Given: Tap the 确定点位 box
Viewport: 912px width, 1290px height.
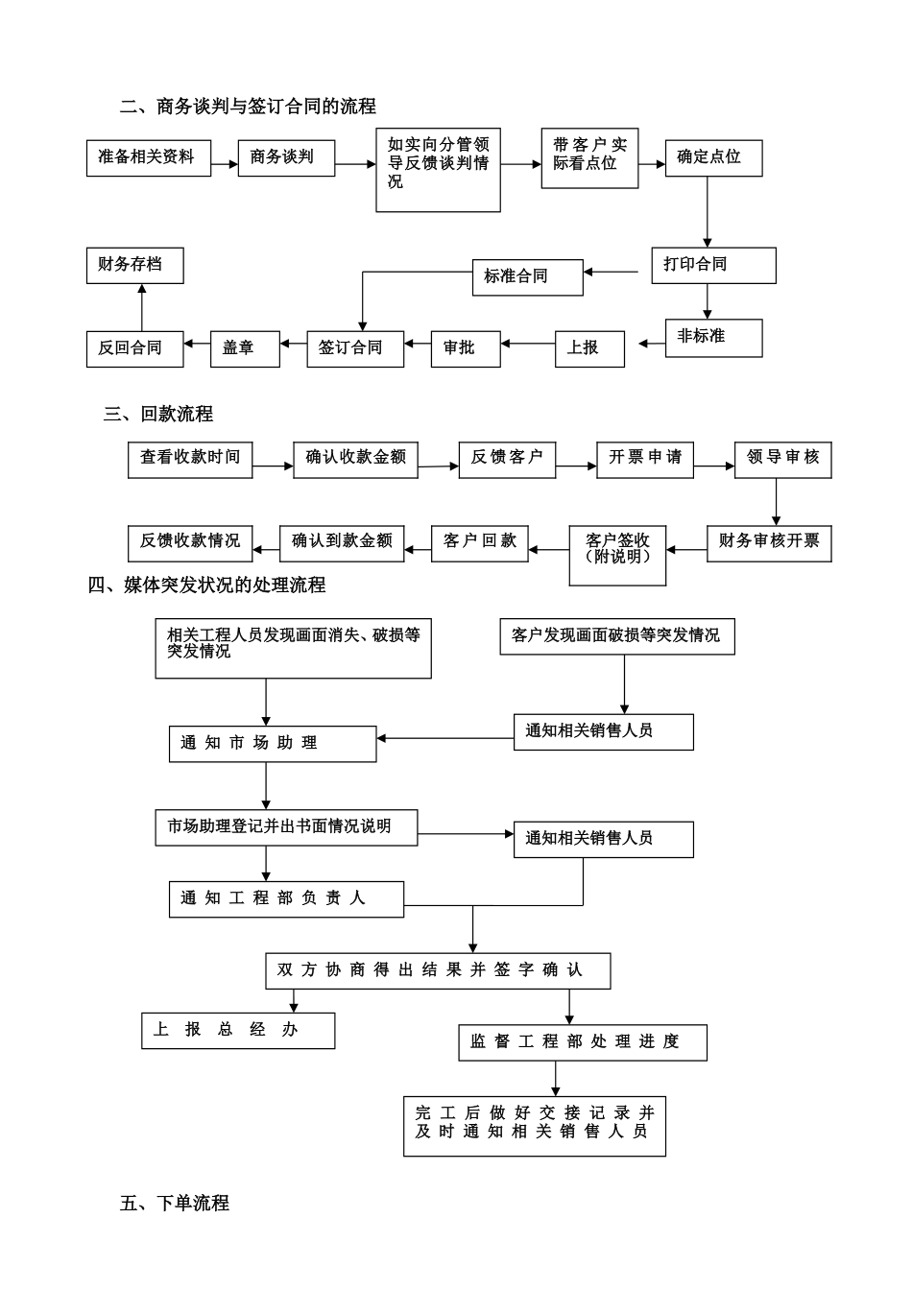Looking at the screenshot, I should click(x=713, y=157).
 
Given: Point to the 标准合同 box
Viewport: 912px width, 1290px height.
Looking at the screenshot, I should click(x=527, y=276).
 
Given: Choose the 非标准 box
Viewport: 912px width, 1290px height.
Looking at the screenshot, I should click(x=713, y=338).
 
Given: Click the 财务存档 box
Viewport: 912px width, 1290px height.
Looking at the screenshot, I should click(x=133, y=265).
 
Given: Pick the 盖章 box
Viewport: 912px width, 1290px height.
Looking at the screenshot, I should click(x=245, y=348).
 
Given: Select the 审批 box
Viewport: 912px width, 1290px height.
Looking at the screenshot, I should click(x=466, y=348).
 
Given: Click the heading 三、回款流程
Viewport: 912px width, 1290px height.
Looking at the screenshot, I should click(x=158, y=415).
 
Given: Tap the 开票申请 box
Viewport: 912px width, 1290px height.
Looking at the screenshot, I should click(x=645, y=458).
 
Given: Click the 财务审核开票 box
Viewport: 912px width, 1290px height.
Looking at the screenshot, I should click(x=769, y=542).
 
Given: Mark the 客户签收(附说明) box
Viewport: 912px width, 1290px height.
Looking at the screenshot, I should click(x=617, y=555).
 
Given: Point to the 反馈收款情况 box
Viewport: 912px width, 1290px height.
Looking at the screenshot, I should click(x=190, y=542).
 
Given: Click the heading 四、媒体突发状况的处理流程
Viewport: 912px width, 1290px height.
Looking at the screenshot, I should click(x=207, y=585).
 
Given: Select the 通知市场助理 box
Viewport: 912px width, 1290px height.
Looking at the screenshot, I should click(x=273, y=744).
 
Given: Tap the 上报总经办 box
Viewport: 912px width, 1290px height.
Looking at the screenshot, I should click(x=238, y=1030).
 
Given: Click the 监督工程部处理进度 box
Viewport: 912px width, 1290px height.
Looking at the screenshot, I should click(x=583, y=1042).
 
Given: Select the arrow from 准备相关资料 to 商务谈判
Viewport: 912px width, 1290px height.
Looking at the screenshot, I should click(x=225, y=164).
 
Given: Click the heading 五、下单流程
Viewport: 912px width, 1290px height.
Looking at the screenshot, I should click(x=175, y=1204).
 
